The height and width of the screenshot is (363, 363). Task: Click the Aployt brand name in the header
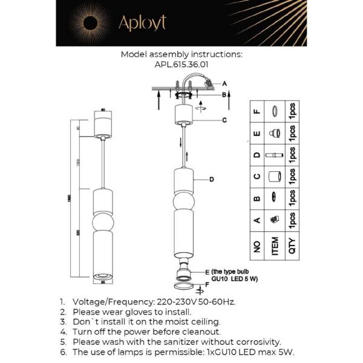(x=142, y=22)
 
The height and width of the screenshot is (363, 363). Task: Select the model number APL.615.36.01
(x=181, y=62)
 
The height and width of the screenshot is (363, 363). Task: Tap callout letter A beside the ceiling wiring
(x=224, y=83)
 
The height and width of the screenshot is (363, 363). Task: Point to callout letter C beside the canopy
(x=224, y=120)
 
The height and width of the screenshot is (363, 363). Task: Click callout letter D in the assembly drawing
(x=212, y=179)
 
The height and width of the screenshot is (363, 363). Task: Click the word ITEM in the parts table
(x=274, y=246)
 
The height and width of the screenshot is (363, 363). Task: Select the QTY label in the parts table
(x=293, y=246)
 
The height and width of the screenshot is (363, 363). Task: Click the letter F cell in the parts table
(x=256, y=111)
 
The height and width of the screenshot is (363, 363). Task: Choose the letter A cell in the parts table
(x=256, y=220)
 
